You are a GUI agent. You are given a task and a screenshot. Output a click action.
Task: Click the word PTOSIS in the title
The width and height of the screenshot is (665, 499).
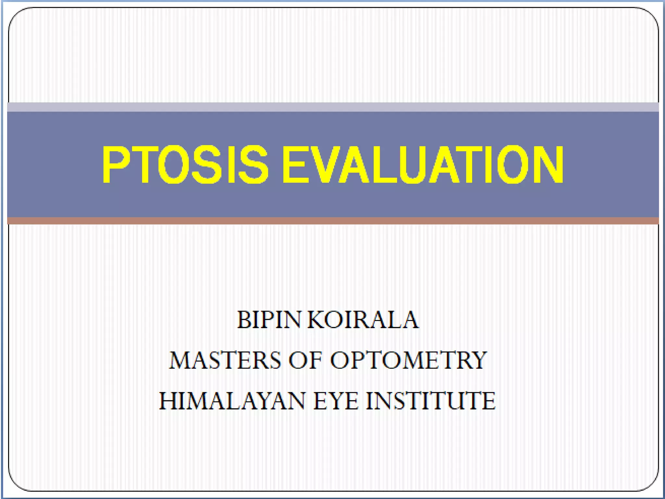coord(185,164)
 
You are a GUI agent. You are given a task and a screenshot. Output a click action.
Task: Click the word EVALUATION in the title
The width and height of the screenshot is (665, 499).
coord(423,164)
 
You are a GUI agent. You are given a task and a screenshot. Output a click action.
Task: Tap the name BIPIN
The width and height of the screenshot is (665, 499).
coord(269,320)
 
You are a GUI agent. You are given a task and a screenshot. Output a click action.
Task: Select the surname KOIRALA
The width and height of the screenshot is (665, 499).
coord(363,320)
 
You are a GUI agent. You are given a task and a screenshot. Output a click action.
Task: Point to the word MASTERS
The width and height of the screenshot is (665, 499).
coord(225,360)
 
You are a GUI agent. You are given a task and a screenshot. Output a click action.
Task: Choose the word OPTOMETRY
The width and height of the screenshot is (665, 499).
coord(408,360)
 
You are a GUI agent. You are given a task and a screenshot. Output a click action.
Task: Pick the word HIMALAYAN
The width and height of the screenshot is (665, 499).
coord(232,401)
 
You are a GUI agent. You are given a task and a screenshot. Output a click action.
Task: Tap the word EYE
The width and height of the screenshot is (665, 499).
coord(336,401)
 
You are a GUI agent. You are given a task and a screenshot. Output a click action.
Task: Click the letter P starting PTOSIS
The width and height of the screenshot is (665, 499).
coord(116,164)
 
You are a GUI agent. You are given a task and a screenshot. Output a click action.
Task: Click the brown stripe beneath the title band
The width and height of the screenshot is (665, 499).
coord(332,221)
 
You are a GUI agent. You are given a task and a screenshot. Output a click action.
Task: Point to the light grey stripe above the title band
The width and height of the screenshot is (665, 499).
coord(332,107)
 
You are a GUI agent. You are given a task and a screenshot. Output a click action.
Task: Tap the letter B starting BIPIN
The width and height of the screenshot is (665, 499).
coord(244,320)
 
